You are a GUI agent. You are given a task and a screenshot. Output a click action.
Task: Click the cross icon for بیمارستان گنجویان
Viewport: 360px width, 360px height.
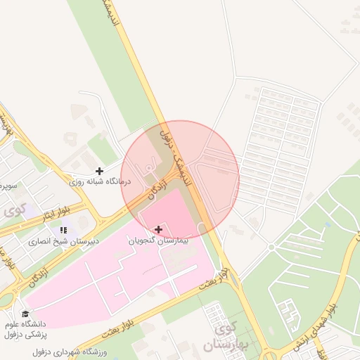[x=158, y=229]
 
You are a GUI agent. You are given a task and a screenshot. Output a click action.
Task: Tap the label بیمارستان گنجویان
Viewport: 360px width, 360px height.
[x=158, y=240]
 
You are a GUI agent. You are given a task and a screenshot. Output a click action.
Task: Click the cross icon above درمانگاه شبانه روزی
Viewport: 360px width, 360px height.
[x=99, y=171]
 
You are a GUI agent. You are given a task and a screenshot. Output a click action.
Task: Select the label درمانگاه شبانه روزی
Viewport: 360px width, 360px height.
[x=99, y=181]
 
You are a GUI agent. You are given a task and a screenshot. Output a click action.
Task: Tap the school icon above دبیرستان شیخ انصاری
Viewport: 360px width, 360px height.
[x=64, y=230]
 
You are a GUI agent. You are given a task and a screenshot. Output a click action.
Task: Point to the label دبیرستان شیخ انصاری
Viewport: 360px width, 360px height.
[x=64, y=240]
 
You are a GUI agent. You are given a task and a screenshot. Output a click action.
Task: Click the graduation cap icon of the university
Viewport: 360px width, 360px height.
[x=26, y=314]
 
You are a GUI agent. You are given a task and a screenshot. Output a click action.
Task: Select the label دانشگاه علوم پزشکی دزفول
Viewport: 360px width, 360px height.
[x=26, y=328]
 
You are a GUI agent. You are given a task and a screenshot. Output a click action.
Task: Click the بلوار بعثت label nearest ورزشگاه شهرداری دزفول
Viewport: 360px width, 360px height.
[x=193, y=291]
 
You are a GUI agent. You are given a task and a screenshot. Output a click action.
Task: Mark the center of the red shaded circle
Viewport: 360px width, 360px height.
[x=180, y=180]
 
